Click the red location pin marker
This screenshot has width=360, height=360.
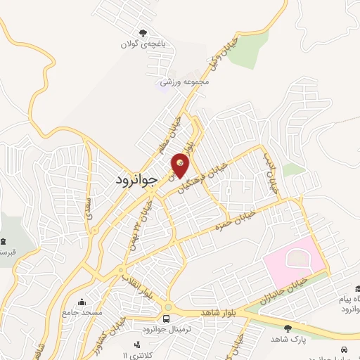click(181, 164)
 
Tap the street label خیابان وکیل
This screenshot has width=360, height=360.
click(219, 52)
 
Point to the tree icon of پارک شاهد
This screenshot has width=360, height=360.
click(287, 328)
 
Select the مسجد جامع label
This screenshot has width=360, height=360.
click(82, 311)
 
